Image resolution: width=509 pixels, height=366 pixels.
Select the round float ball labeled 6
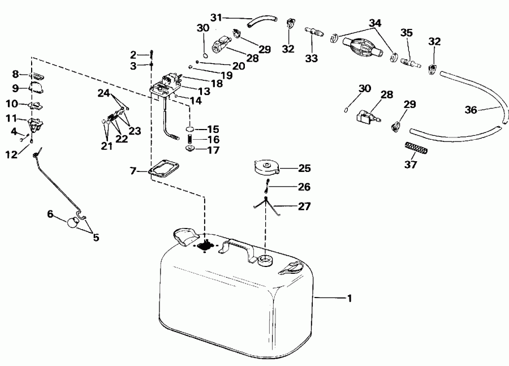pos(72,222)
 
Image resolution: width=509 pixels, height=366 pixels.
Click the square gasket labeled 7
pos(164,169)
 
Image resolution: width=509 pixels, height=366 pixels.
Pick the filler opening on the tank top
pos(265,260)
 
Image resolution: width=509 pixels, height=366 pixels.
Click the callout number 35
pos(407,33)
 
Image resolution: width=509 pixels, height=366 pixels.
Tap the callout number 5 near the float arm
pos(96,238)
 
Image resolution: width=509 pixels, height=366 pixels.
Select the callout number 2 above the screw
pos(133,55)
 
